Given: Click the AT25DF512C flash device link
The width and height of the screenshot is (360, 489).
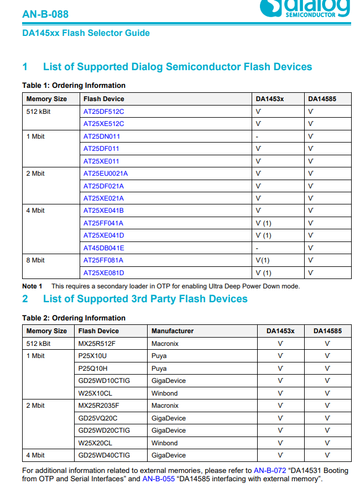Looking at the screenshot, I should click(103, 111).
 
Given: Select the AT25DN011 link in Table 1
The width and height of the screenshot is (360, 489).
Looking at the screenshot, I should click(102, 136).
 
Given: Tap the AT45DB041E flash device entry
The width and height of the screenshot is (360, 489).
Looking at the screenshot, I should click(104, 248).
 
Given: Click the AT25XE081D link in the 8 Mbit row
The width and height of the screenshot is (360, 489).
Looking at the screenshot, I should click(104, 273).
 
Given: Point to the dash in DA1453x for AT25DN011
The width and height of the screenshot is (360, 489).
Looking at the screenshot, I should click(257, 136).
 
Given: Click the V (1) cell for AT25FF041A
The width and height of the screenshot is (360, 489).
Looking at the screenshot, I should click(263, 223).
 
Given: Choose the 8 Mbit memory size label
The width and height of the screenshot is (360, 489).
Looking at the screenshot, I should click(35, 260).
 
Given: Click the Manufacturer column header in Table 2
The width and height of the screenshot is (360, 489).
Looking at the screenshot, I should click(173, 331).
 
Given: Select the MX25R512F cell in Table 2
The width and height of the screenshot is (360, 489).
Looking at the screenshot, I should click(97, 344).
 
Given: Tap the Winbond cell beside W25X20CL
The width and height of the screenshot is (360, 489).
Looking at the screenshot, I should click(164, 443).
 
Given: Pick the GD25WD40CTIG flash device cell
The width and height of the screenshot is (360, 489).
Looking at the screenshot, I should click(105, 455).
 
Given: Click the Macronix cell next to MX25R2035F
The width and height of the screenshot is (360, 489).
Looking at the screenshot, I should click(165, 406).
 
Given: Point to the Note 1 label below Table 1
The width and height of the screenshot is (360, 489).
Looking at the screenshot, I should click(32, 286).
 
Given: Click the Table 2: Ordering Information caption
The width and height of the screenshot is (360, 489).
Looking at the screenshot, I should click(74, 318).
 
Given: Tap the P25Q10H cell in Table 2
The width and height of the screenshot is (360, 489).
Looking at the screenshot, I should click(93, 369).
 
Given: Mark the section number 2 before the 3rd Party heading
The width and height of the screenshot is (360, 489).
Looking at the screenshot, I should click(25, 299).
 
